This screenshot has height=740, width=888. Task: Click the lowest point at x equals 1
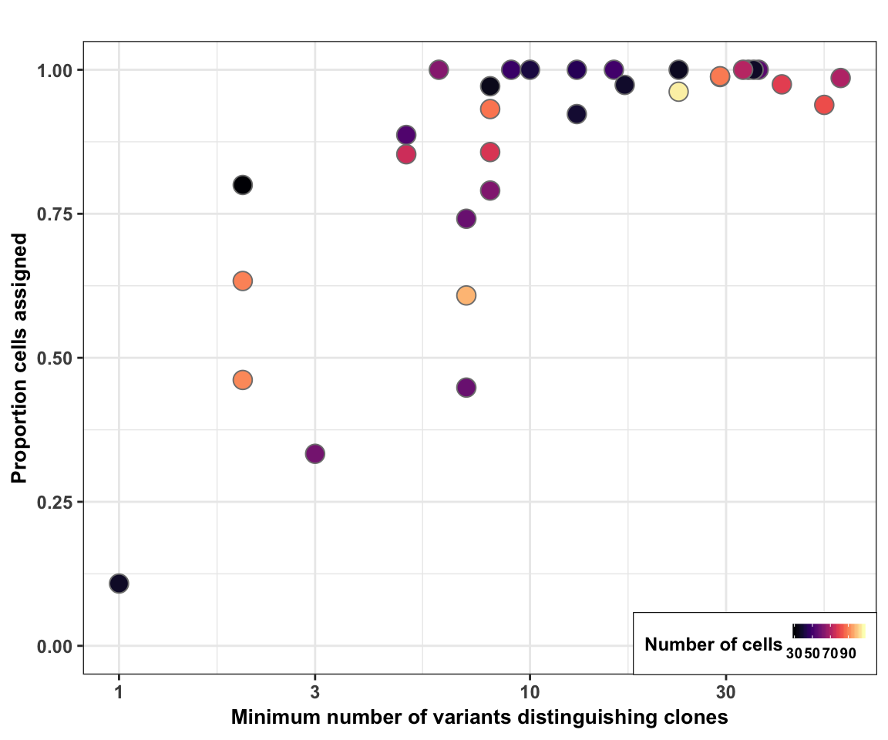119,584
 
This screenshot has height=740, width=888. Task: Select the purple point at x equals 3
314,453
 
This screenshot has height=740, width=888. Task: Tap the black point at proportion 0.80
243,185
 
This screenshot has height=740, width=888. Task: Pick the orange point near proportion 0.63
243,281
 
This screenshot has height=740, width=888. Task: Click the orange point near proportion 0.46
243,380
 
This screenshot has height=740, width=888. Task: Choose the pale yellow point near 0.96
678,92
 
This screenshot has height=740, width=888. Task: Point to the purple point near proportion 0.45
466,387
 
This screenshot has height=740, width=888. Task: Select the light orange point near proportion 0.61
466,295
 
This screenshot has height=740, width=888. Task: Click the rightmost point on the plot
840,78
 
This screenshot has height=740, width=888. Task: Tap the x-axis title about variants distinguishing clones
479,718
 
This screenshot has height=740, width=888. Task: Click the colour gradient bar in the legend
829,631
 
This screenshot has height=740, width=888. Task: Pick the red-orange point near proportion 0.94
824,105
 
